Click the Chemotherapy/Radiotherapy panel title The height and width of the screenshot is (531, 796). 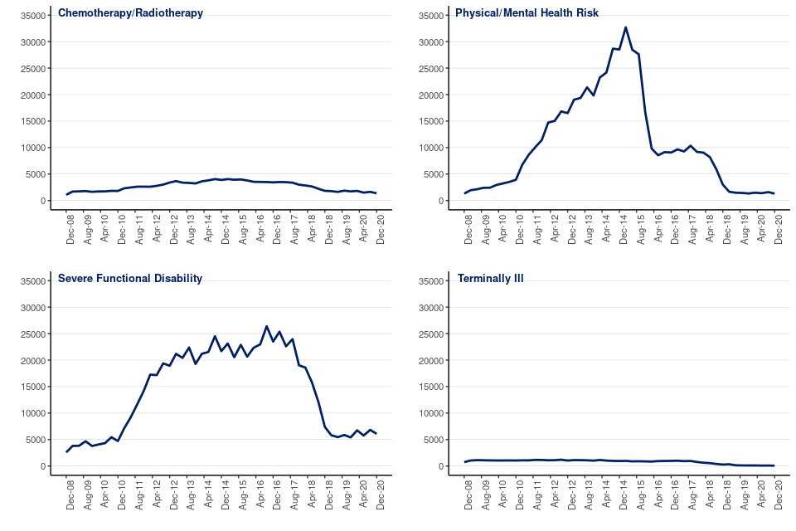(x=130, y=13)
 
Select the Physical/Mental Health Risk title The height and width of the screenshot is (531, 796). (x=527, y=13)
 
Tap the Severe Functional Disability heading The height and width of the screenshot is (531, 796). (x=130, y=279)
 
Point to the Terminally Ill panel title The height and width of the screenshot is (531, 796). (x=490, y=279)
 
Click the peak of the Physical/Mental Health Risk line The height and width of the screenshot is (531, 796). (x=625, y=27)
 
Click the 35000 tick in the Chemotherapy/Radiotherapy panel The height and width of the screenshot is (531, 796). (x=32, y=16)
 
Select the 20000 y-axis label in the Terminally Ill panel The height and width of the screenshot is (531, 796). (x=430, y=361)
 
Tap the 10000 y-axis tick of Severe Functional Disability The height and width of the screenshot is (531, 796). (x=32, y=414)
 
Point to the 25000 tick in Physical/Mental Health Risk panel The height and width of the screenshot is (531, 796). (x=430, y=69)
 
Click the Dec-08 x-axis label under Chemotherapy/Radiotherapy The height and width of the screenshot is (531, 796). (x=70, y=228)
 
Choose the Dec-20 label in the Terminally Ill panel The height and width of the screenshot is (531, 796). (x=779, y=494)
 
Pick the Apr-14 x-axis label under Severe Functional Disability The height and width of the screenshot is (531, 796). (x=208, y=494)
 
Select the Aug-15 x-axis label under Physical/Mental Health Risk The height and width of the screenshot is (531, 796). (x=641, y=228)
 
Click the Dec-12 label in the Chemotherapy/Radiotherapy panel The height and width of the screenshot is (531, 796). (x=173, y=228)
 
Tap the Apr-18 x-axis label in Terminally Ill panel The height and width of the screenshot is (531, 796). (x=711, y=494)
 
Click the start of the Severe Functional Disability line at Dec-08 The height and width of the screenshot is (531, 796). (x=67, y=452)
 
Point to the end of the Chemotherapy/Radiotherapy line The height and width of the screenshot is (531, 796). (x=376, y=193)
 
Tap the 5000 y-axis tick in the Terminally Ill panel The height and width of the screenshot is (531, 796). (x=432, y=441)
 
